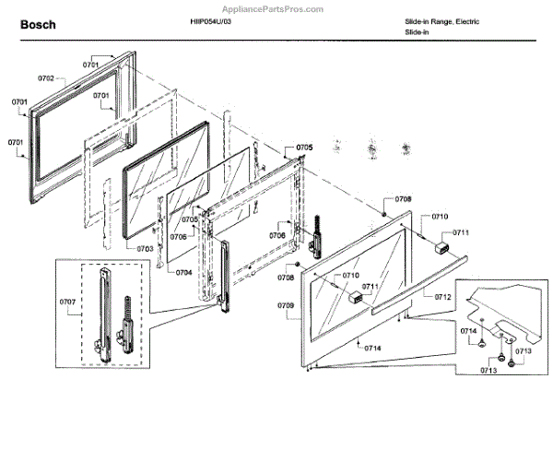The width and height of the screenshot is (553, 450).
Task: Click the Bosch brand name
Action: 38,25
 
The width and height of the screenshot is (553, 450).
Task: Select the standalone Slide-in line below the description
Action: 418,32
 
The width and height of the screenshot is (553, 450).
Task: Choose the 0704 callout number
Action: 183,272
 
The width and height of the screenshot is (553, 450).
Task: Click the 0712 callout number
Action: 443,297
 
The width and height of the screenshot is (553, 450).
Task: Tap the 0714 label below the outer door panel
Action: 372,348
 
